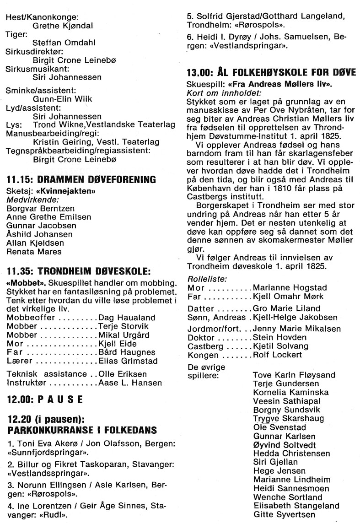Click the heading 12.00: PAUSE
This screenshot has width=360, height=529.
[x=45, y=399]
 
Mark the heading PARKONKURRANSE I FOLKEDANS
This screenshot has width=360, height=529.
[x=82, y=430]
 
